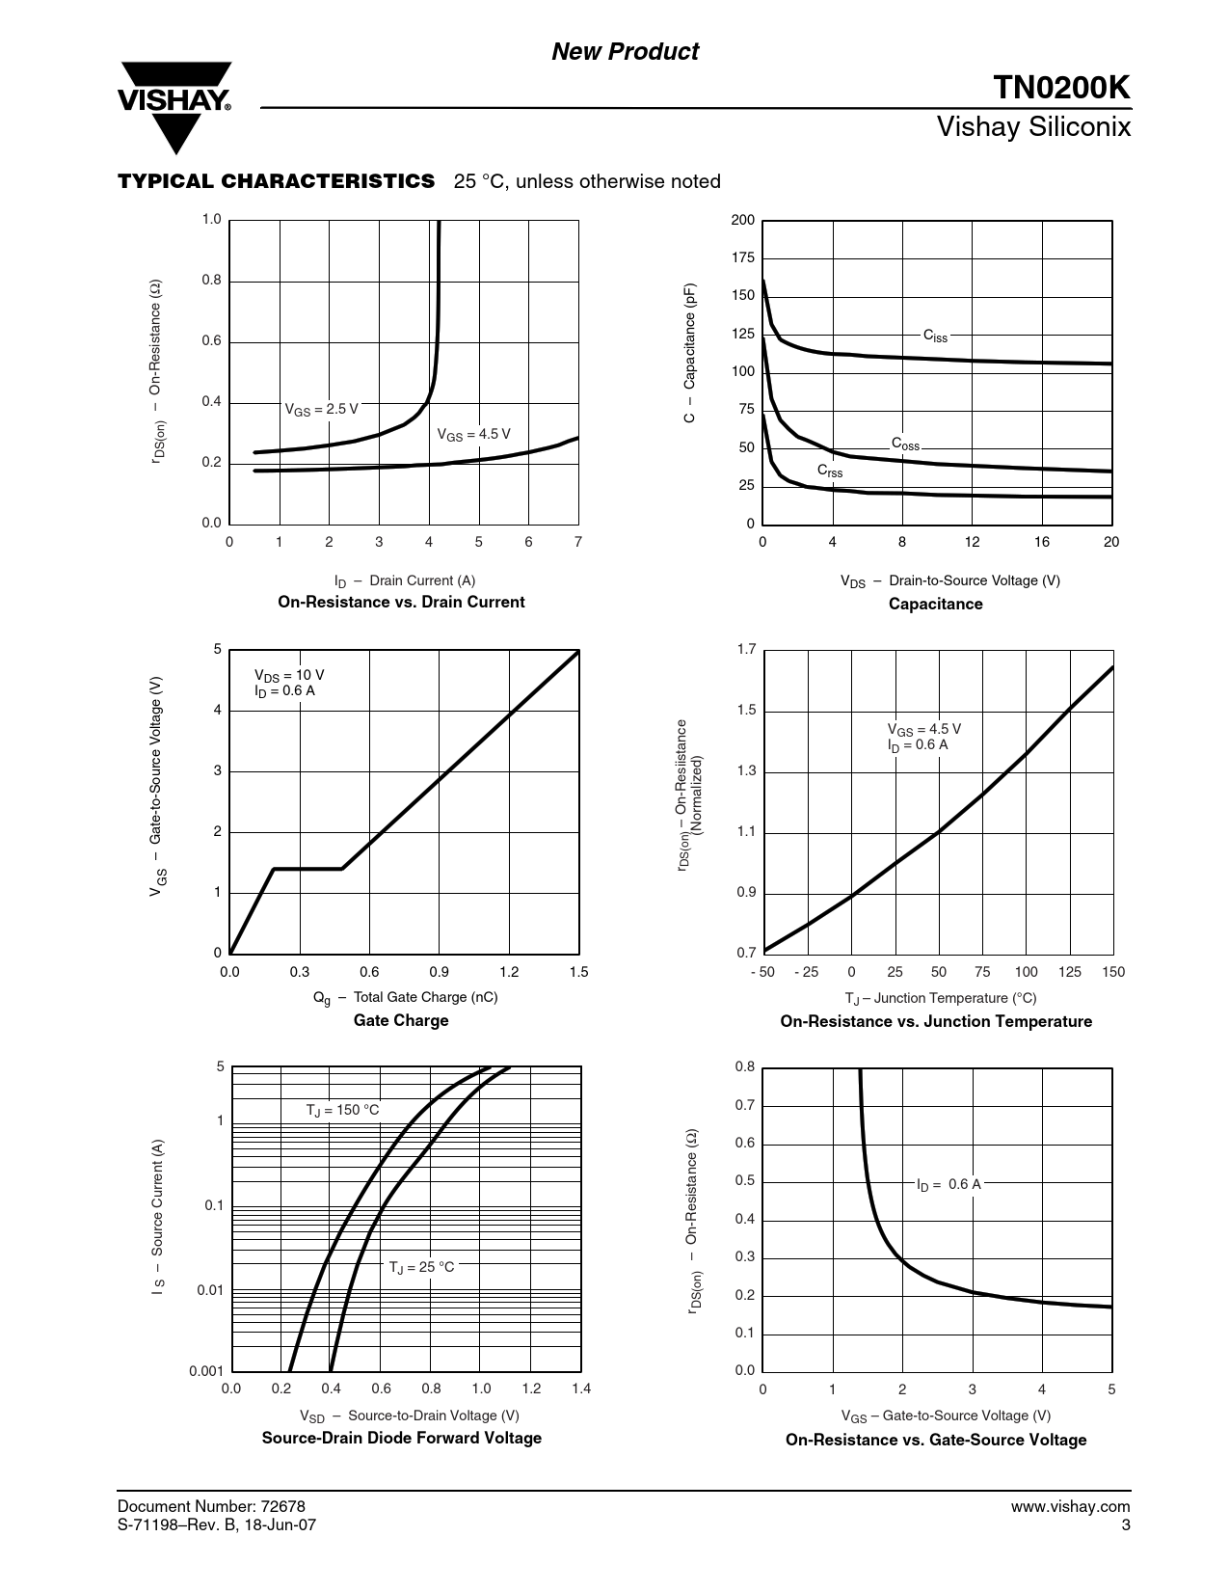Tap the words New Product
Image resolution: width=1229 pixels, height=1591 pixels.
(625, 52)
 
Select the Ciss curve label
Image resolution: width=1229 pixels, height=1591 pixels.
(935, 336)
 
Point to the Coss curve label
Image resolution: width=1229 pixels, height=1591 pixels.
(905, 445)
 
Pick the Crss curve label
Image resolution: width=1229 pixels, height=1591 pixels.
(830, 471)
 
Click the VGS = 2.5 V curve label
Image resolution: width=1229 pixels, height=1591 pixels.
(321, 409)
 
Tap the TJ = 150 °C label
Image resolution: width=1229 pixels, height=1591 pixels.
(342, 1110)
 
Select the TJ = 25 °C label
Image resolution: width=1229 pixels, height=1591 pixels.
(421, 1267)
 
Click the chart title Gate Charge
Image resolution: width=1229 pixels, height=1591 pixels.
(401, 1020)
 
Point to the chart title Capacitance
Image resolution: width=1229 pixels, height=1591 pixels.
(935, 604)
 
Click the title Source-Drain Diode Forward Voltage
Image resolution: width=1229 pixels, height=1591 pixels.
(402, 1438)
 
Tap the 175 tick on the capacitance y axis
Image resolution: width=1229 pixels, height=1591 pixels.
(743, 258)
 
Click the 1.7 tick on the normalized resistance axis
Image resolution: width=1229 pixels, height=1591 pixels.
(746, 650)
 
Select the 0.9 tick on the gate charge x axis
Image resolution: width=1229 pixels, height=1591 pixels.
(439, 972)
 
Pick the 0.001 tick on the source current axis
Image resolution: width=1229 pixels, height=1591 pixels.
(207, 1370)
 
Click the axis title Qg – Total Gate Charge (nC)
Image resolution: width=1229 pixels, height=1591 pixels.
(406, 997)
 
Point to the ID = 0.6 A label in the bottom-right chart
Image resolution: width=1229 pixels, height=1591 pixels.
(948, 1184)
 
